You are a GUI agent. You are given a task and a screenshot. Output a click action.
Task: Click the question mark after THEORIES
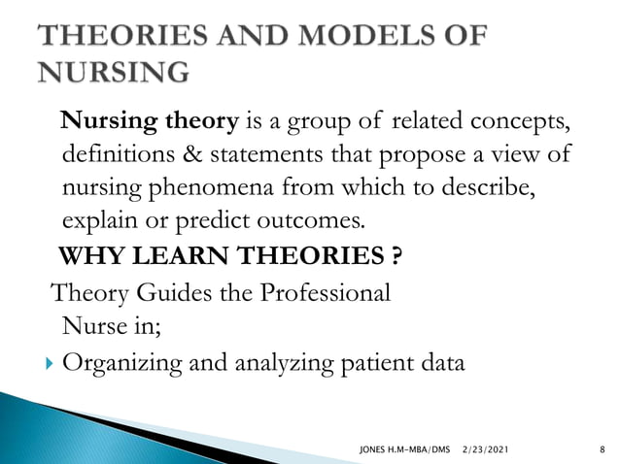click(x=396, y=258)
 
